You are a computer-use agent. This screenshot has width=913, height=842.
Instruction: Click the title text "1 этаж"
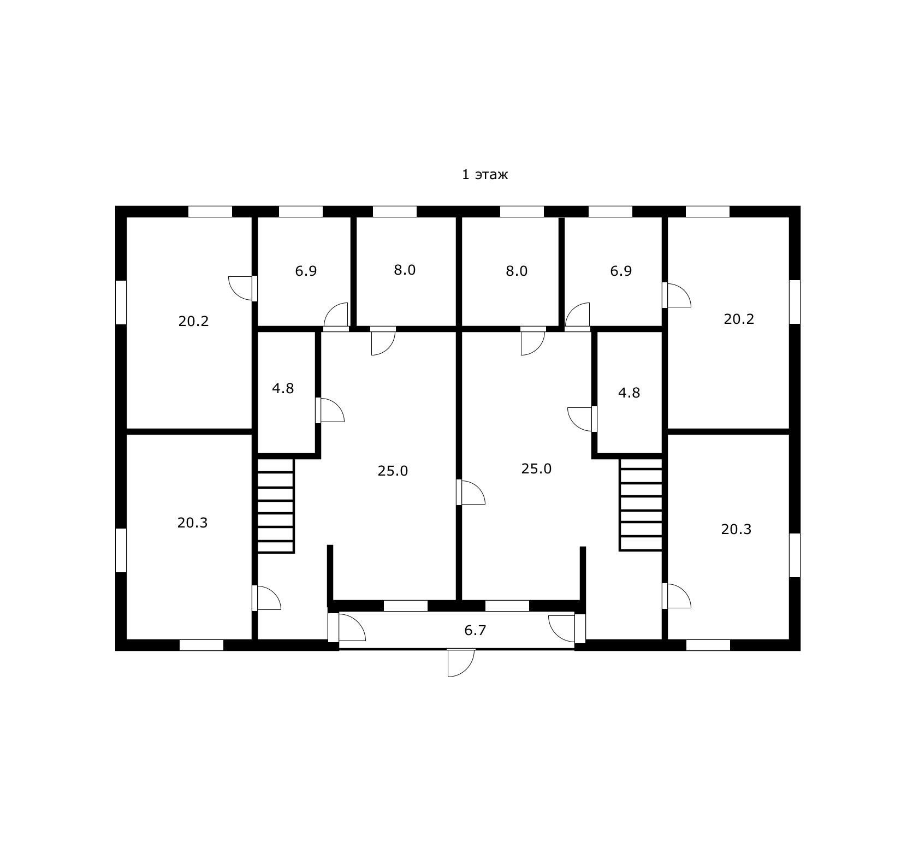point(485,175)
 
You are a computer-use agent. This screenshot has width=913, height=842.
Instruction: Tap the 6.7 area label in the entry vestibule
point(475,631)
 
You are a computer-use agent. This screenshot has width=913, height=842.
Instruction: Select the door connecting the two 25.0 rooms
point(471,492)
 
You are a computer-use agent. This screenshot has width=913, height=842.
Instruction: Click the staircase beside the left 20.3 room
point(276,506)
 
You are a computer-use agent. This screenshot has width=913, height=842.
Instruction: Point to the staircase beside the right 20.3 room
point(641,504)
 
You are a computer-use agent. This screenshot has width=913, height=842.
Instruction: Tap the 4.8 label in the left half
point(283,389)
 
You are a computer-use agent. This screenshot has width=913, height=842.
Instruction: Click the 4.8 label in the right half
point(629,393)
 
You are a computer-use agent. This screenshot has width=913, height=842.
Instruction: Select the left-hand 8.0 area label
point(405,270)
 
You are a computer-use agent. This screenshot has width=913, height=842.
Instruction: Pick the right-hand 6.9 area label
point(621,271)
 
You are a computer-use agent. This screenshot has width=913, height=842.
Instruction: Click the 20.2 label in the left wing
point(193,322)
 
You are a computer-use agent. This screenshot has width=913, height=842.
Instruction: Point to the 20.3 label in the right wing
point(736,530)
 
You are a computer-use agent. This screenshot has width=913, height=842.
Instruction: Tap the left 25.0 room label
point(393,471)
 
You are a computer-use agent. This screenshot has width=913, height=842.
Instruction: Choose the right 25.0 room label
point(536,469)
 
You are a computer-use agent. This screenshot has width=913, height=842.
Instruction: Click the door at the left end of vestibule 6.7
point(347,628)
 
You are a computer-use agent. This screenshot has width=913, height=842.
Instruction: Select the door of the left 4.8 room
point(330,410)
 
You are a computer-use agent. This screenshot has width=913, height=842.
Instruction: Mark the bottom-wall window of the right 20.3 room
point(708,645)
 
